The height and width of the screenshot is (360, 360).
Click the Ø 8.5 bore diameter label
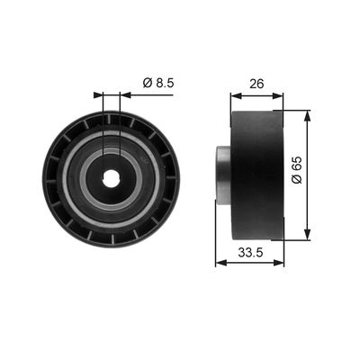158,83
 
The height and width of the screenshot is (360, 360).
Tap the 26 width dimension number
256,84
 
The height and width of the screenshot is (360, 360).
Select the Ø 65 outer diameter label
297,170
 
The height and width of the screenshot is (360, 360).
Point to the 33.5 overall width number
250,253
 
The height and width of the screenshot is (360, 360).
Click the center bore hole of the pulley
112,177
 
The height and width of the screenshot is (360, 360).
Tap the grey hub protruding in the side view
223,174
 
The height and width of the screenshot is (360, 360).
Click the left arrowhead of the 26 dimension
236,95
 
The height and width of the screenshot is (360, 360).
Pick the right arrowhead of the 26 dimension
277,95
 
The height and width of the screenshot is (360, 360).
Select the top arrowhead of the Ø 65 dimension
307,116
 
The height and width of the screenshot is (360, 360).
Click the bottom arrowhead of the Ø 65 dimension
307,235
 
